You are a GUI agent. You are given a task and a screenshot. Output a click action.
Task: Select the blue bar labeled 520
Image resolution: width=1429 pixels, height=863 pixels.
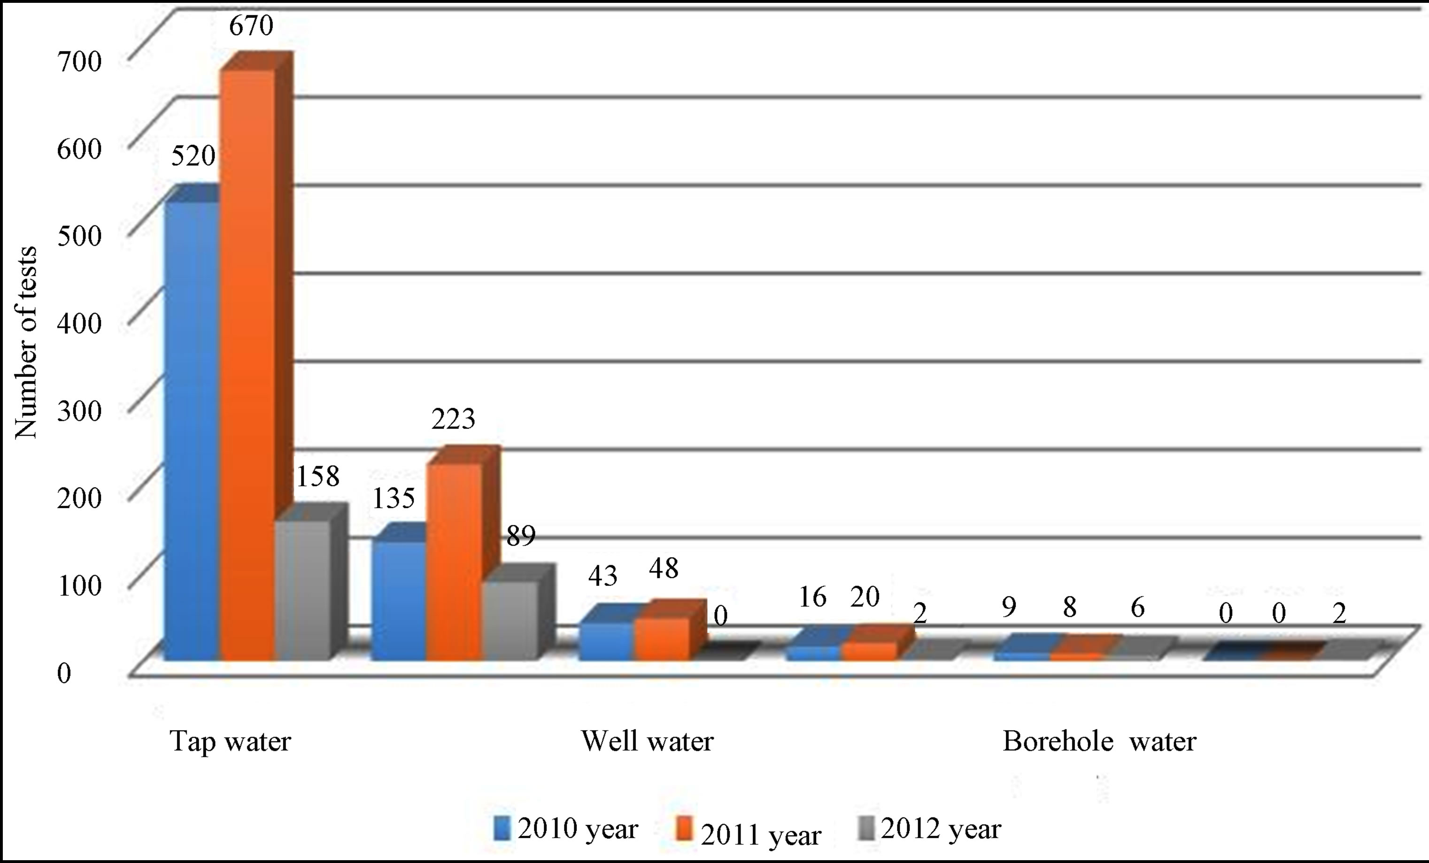point(192,429)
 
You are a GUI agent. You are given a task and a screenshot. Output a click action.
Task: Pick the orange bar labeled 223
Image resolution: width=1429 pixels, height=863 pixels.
point(454,560)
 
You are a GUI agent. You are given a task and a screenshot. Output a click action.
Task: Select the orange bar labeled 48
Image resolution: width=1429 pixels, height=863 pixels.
point(662,638)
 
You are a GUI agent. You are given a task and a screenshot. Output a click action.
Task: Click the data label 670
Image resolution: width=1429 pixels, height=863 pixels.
point(251,25)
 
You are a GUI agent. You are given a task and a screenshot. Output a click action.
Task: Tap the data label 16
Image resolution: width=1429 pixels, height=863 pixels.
point(812,597)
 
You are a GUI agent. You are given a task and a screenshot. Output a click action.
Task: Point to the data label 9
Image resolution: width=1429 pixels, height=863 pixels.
point(1009,607)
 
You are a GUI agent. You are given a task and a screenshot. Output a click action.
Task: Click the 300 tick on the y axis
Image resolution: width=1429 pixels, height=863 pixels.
point(79,411)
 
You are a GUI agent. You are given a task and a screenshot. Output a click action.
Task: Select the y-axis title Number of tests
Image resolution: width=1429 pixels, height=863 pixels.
point(25,342)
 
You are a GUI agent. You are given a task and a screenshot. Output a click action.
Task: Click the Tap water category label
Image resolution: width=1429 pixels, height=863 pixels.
point(230,741)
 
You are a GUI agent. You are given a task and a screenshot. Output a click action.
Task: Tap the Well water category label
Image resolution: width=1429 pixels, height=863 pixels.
point(647,741)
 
